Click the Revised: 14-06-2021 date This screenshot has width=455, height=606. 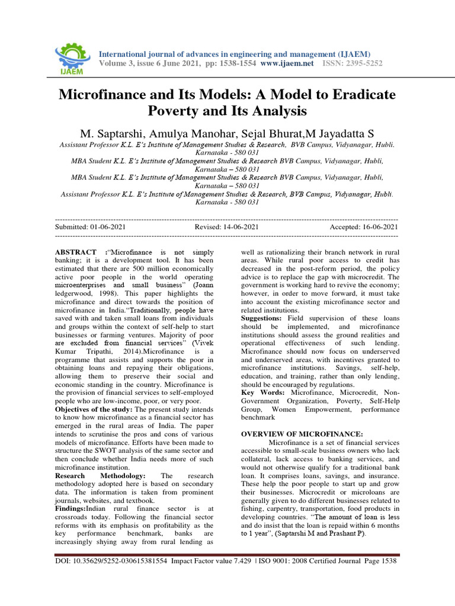pos(226,227)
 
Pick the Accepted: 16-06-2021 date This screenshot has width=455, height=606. pos(363,227)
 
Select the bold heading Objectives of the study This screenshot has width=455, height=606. pos(94,409)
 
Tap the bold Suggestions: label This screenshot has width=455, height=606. pos(265,318)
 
